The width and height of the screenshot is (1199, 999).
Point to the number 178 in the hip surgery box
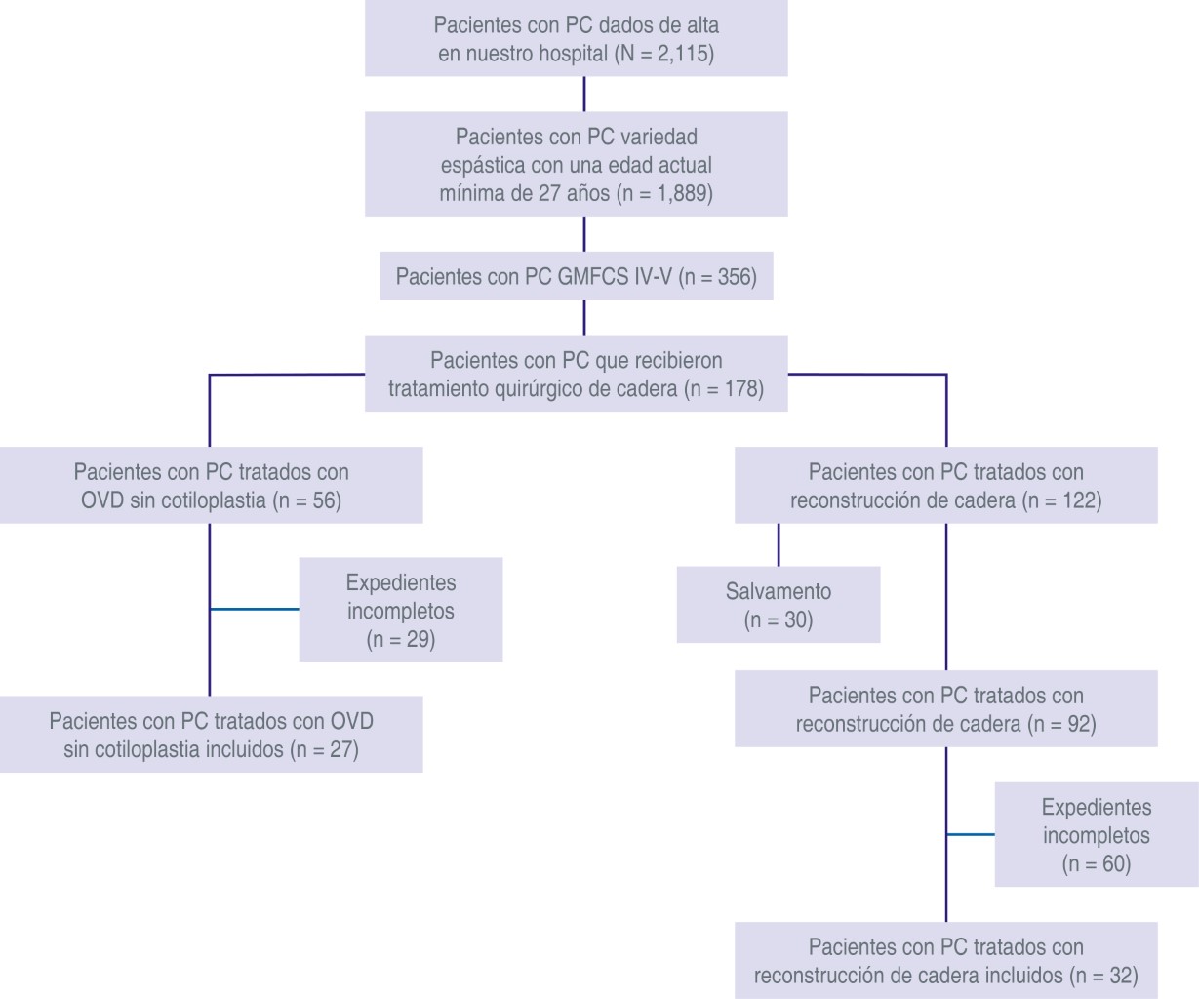(740, 389)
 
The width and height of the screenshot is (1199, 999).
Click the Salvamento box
(779, 605)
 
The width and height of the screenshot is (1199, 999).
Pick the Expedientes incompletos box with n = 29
(400, 611)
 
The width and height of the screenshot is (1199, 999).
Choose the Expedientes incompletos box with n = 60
(1096, 835)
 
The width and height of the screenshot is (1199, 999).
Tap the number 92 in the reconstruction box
(1078, 725)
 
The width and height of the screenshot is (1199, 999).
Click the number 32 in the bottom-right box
(1122, 976)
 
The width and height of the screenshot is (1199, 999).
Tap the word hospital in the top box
(573, 54)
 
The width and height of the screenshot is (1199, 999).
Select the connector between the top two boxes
(584, 94)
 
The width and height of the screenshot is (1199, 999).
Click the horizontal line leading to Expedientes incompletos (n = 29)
(255, 610)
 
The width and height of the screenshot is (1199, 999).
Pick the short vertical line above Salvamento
(779, 544)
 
